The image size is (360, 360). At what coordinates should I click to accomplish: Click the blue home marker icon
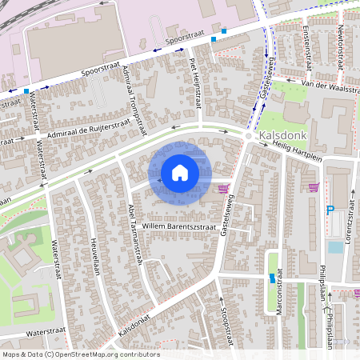click(x=179, y=173)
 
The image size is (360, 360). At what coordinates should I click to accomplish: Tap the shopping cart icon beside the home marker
click(x=223, y=189)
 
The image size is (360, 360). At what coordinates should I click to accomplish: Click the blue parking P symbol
click(x=330, y=210)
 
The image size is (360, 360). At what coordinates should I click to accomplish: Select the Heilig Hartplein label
click(x=292, y=151)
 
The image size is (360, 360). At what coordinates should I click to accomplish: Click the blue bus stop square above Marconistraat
click(x=273, y=278)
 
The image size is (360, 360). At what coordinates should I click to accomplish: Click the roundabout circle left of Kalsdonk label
click(x=249, y=138)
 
